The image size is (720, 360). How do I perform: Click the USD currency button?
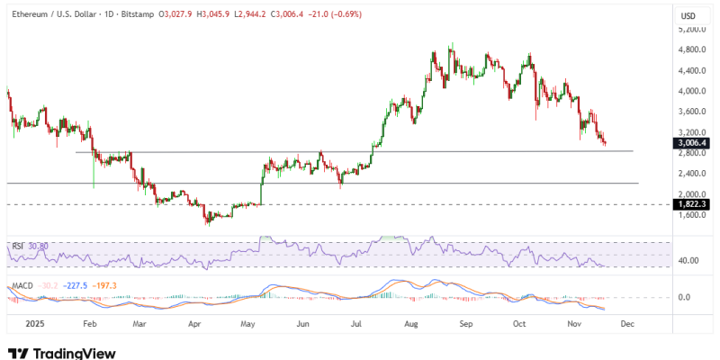tap(688, 15)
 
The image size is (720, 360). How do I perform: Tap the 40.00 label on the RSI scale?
tap(687, 261)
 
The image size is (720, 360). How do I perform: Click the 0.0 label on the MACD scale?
tap(684, 297)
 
